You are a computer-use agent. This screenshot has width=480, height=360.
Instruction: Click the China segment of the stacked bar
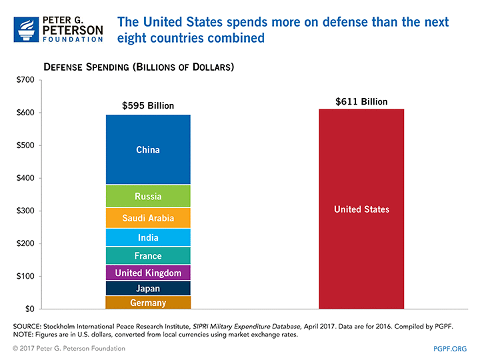pyautogui.click(x=148, y=149)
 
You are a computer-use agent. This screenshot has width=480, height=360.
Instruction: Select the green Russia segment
pyautogui.click(x=148, y=196)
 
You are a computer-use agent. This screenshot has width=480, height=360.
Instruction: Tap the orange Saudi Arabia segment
pyautogui.click(x=148, y=218)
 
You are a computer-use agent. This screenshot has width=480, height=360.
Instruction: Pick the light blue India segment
pyautogui.click(x=148, y=237)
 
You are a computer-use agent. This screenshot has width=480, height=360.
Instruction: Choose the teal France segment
pyautogui.click(x=148, y=256)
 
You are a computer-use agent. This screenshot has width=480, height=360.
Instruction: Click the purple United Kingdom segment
pyautogui.click(x=148, y=273)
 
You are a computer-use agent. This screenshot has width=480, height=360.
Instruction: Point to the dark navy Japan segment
pyautogui.click(x=148, y=289)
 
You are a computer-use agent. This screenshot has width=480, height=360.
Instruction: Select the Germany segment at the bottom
pyautogui.click(x=148, y=303)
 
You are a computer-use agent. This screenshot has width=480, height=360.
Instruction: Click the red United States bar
pyautogui.click(x=361, y=209)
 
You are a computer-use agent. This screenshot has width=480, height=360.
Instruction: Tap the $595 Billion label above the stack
pyautogui.click(x=148, y=105)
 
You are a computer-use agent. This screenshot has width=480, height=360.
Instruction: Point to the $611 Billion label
pyautogui.click(x=361, y=101)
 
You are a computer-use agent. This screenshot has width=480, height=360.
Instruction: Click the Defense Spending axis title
pyautogui.click(x=138, y=67)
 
